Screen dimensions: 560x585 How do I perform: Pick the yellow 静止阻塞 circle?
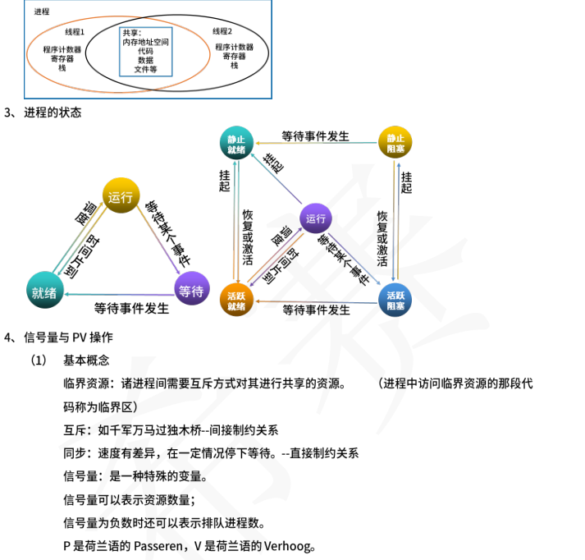click(395, 143)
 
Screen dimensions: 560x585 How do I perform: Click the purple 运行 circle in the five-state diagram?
click(316, 218)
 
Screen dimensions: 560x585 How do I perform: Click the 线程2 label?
click(222, 31)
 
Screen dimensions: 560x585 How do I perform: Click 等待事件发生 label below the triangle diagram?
click(131, 309)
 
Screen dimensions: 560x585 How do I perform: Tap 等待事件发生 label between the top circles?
click(316, 135)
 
